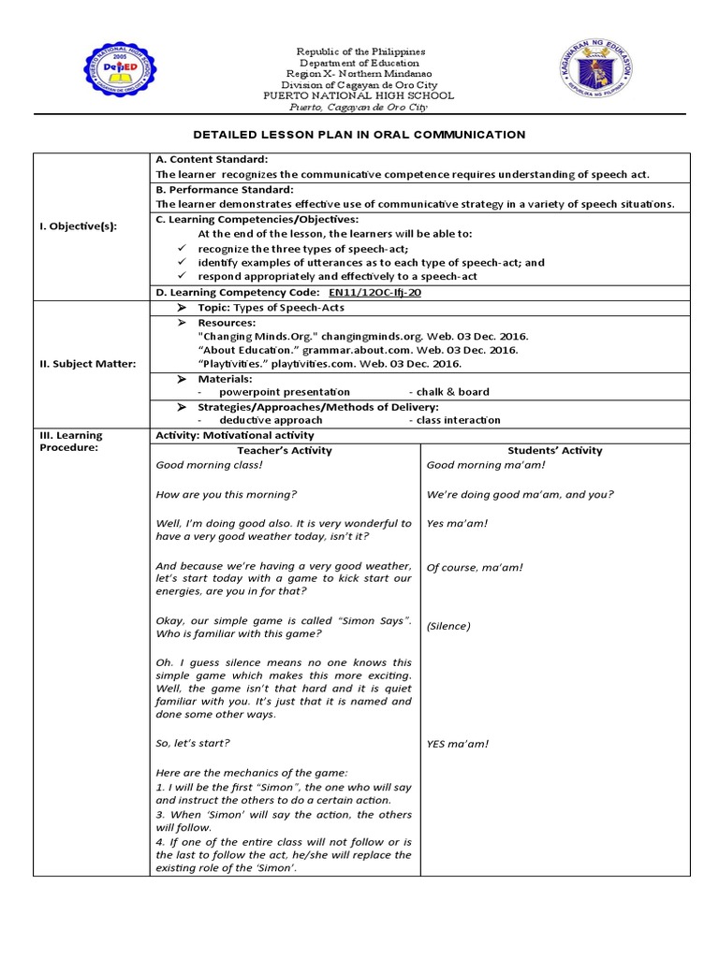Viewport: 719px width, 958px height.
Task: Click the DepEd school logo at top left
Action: tap(121, 71)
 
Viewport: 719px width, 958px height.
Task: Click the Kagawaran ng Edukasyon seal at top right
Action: tap(597, 71)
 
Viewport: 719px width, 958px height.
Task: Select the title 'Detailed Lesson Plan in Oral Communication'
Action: tap(359, 135)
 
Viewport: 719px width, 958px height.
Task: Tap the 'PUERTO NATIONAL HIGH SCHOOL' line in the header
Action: tap(359, 95)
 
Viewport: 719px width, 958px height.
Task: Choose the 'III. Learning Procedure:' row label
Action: tap(71, 441)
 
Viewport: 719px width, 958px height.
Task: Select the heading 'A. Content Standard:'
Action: tap(212, 160)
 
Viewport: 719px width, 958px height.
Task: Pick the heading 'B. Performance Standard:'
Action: tap(225, 189)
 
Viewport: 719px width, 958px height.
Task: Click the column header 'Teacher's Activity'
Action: tap(285, 450)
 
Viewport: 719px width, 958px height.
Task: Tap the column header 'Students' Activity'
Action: tap(554, 450)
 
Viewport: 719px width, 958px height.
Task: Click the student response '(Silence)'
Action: tap(448, 626)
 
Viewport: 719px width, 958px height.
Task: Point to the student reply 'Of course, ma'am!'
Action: tap(475, 567)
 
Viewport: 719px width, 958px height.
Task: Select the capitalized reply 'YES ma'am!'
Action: tap(458, 744)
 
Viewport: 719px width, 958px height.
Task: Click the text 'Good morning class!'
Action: tap(210, 465)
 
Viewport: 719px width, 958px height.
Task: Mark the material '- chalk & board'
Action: tap(448, 392)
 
